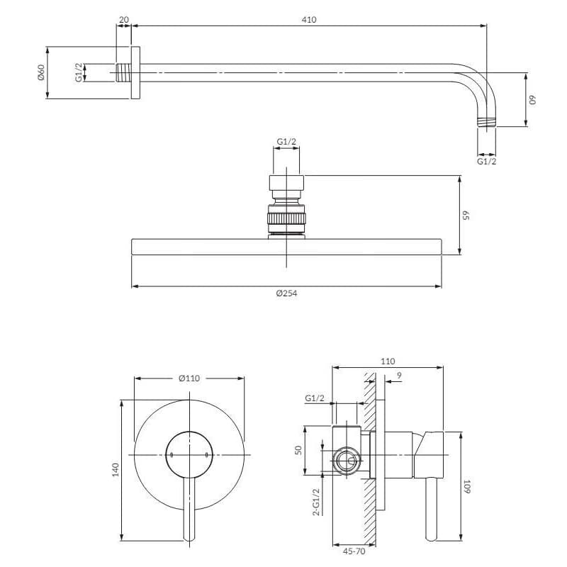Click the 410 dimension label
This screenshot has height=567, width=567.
309,20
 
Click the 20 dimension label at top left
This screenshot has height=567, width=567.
123,20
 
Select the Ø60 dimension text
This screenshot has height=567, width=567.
40,72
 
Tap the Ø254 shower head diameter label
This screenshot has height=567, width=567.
286,293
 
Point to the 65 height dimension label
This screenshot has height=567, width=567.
466,215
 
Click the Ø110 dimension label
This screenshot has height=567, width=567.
189,378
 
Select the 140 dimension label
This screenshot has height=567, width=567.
116,470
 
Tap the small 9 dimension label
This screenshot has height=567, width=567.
399,376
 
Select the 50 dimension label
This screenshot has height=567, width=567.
298,450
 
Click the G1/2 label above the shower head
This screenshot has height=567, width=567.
286,142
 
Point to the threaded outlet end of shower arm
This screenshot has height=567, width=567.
487,122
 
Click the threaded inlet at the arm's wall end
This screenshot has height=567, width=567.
123,73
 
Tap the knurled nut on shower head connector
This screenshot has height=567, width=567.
286,218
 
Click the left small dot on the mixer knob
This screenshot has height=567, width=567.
172,455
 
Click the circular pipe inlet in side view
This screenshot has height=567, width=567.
347,461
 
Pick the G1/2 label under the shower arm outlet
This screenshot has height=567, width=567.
487,162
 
